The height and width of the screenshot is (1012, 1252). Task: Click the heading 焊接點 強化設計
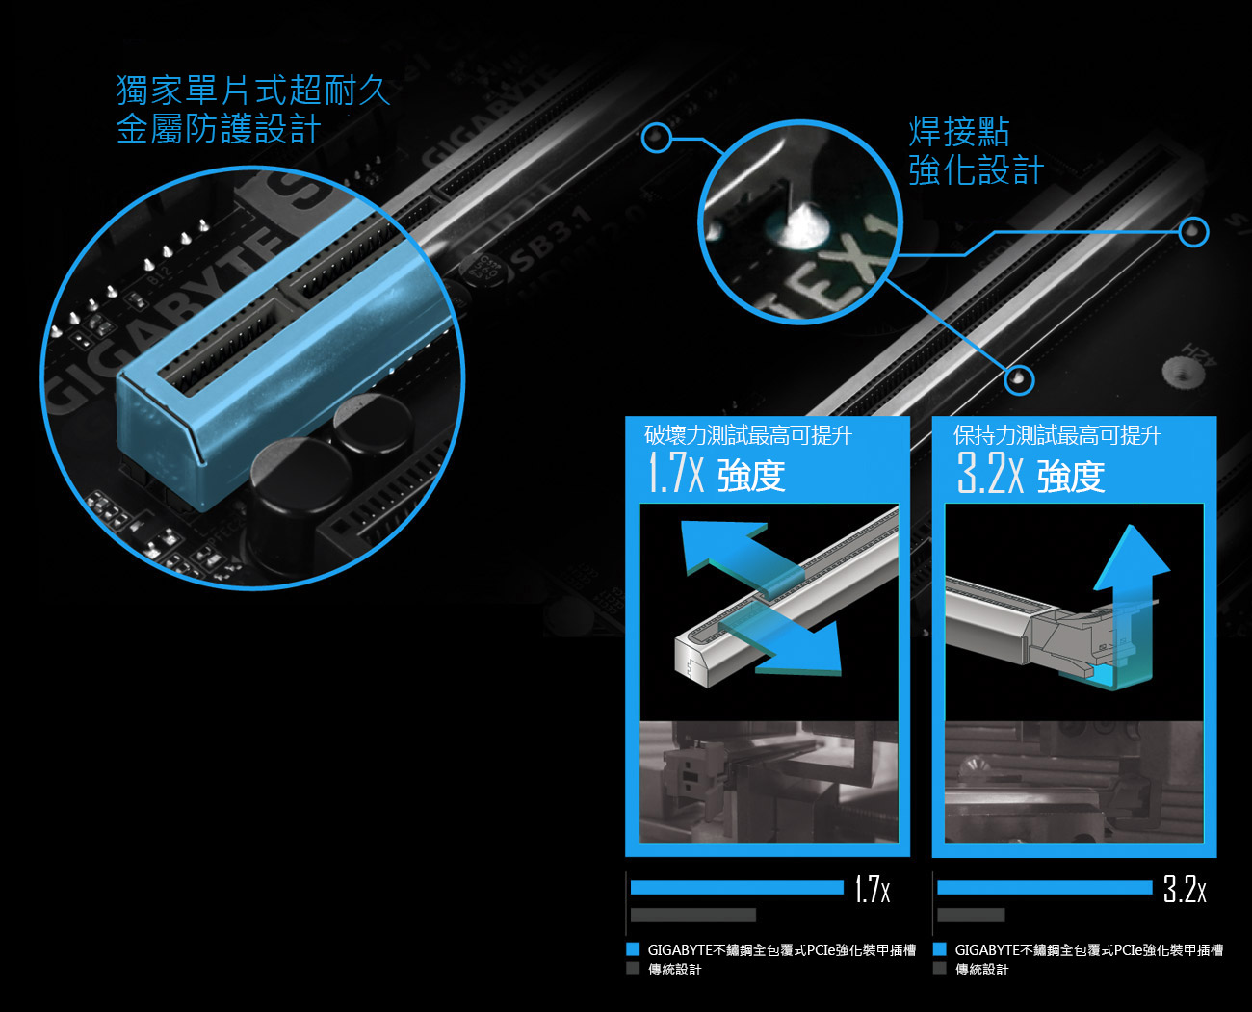(976, 150)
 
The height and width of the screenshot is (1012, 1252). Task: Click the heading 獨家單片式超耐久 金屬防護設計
(252, 110)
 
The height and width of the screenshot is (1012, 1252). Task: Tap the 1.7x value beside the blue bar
(873, 889)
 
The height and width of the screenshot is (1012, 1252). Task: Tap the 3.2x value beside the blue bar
(1185, 889)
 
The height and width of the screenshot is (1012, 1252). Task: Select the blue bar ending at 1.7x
(737, 888)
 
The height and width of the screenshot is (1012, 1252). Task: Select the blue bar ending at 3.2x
(1045, 888)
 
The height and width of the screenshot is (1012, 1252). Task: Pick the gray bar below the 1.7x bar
(693, 915)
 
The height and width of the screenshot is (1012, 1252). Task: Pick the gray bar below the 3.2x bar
(971, 915)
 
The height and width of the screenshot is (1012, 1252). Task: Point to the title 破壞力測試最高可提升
(748, 435)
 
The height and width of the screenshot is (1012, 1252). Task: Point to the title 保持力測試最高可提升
(1056, 435)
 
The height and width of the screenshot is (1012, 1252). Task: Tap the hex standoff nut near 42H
(1183, 371)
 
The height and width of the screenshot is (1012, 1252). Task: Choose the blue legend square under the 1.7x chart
(633, 949)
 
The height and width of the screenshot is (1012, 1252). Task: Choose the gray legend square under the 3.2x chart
(939, 969)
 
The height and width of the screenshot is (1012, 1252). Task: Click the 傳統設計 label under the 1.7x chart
(675, 969)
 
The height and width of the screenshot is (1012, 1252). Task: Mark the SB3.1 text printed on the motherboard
(550, 242)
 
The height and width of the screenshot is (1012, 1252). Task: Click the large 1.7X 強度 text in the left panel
(716, 475)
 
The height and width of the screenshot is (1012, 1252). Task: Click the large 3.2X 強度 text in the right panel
(1030, 475)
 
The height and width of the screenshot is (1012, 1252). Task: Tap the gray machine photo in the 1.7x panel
(769, 782)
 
